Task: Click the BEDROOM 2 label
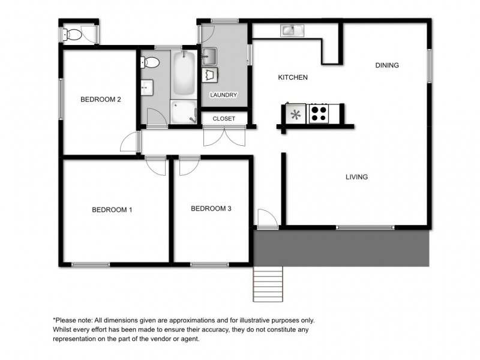(101, 100)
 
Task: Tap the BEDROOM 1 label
(112, 210)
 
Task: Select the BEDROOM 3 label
(211, 209)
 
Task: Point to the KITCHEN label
(293, 77)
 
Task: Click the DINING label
(387, 65)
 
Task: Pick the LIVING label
(356, 177)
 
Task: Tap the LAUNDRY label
(224, 95)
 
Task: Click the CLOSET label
(224, 119)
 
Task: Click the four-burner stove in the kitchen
(318, 113)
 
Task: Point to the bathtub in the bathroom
(184, 76)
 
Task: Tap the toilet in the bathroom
(150, 62)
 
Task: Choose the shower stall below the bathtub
(184, 112)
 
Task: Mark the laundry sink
(209, 56)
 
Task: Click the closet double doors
(224, 137)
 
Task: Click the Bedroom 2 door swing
(130, 142)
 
